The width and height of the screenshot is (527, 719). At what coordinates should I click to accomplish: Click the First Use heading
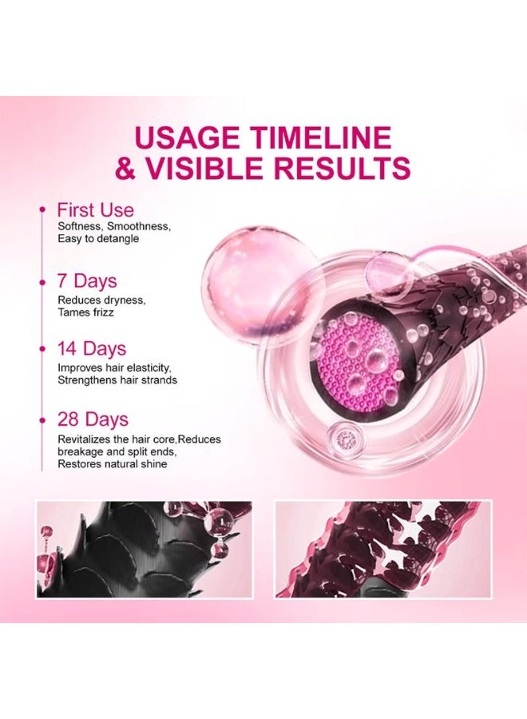95,211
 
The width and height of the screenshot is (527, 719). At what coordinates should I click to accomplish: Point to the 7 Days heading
86,281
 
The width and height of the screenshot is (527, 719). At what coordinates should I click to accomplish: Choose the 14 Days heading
91,349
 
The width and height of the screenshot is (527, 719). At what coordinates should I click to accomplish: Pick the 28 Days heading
93,419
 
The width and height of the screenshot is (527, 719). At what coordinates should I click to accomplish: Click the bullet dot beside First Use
42,210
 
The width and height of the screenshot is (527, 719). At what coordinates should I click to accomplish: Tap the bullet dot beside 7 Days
42,281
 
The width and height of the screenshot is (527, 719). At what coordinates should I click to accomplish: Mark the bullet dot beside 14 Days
42,349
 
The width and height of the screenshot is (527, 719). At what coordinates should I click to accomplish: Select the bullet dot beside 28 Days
42,419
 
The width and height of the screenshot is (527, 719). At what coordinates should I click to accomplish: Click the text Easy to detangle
97,239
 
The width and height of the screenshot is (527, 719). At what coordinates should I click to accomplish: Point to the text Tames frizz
85,312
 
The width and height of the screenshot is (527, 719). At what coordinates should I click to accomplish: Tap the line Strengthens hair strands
117,380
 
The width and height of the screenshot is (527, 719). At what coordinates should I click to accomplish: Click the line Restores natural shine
112,464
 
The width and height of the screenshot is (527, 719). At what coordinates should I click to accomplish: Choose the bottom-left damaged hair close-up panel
144,549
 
